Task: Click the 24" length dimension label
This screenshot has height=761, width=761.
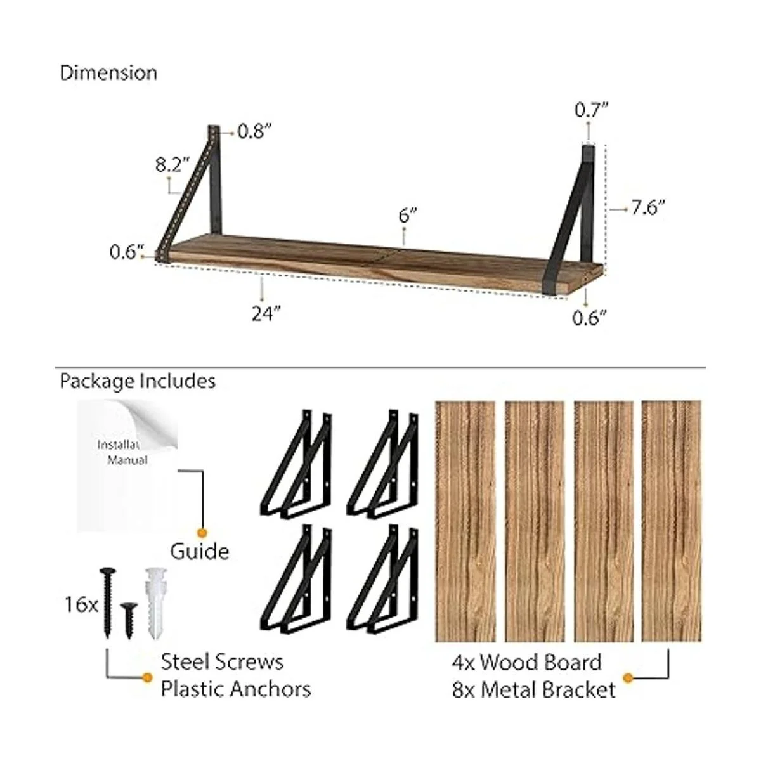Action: click(x=266, y=313)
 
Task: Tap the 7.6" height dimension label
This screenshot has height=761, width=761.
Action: click(x=648, y=207)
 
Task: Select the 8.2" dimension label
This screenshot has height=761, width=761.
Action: click(x=172, y=164)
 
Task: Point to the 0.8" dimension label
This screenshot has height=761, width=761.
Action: click(x=255, y=131)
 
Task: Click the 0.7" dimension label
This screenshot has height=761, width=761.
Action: click(x=591, y=110)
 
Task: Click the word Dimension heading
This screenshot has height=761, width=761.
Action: click(x=108, y=74)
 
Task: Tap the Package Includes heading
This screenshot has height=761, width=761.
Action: click(x=138, y=382)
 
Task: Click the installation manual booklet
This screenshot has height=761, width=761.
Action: click(x=127, y=466)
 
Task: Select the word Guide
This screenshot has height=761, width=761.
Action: click(x=200, y=552)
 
